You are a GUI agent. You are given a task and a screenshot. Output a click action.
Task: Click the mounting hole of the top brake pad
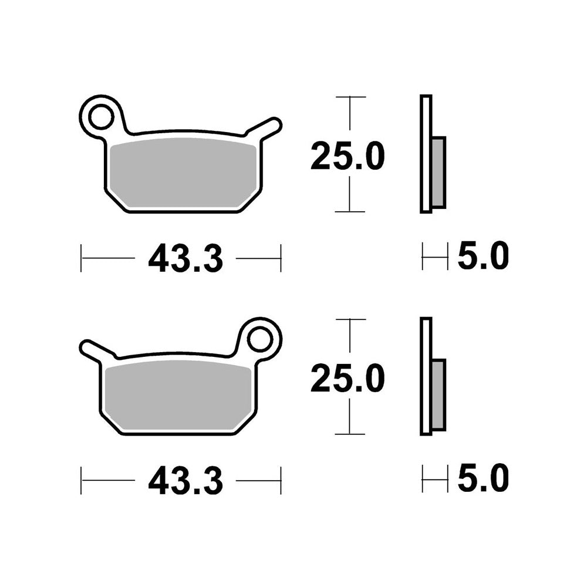coord(101,116)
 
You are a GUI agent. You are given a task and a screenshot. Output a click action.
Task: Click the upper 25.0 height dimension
coord(348,156)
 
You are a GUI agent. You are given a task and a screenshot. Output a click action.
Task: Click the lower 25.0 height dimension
coord(348,378)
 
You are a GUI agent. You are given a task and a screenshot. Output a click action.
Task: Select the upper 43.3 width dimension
coord(185,258)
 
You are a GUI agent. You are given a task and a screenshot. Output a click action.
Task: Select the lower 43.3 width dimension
coord(185,481)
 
